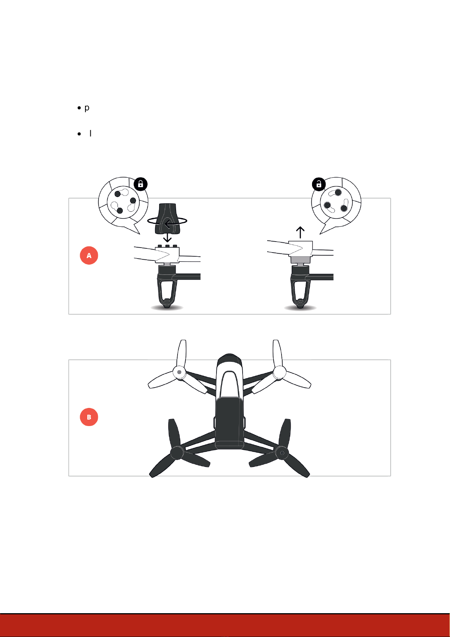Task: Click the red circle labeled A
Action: click(x=89, y=256)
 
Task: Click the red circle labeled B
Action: click(x=89, y=417)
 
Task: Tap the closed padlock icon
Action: click(x=141, y=184)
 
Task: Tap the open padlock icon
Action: click(x=319, y=184)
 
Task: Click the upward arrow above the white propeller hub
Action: click(x=300, y=232)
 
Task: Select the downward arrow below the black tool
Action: click(x=167, y=237)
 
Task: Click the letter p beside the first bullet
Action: click(x=87, y=108)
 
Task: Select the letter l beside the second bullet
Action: click(x=90, y=133)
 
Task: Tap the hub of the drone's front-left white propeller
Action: click(x=179, y=372)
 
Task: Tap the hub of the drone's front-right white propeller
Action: click(x=279, y=372)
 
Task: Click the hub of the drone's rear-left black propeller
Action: click(x=177, y=453)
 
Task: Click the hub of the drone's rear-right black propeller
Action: click(x=282, y=453)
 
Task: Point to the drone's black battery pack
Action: click(x=229, y=423)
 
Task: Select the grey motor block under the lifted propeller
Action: click(x=300, y=259)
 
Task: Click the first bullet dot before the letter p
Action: click(x=79, y=108)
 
